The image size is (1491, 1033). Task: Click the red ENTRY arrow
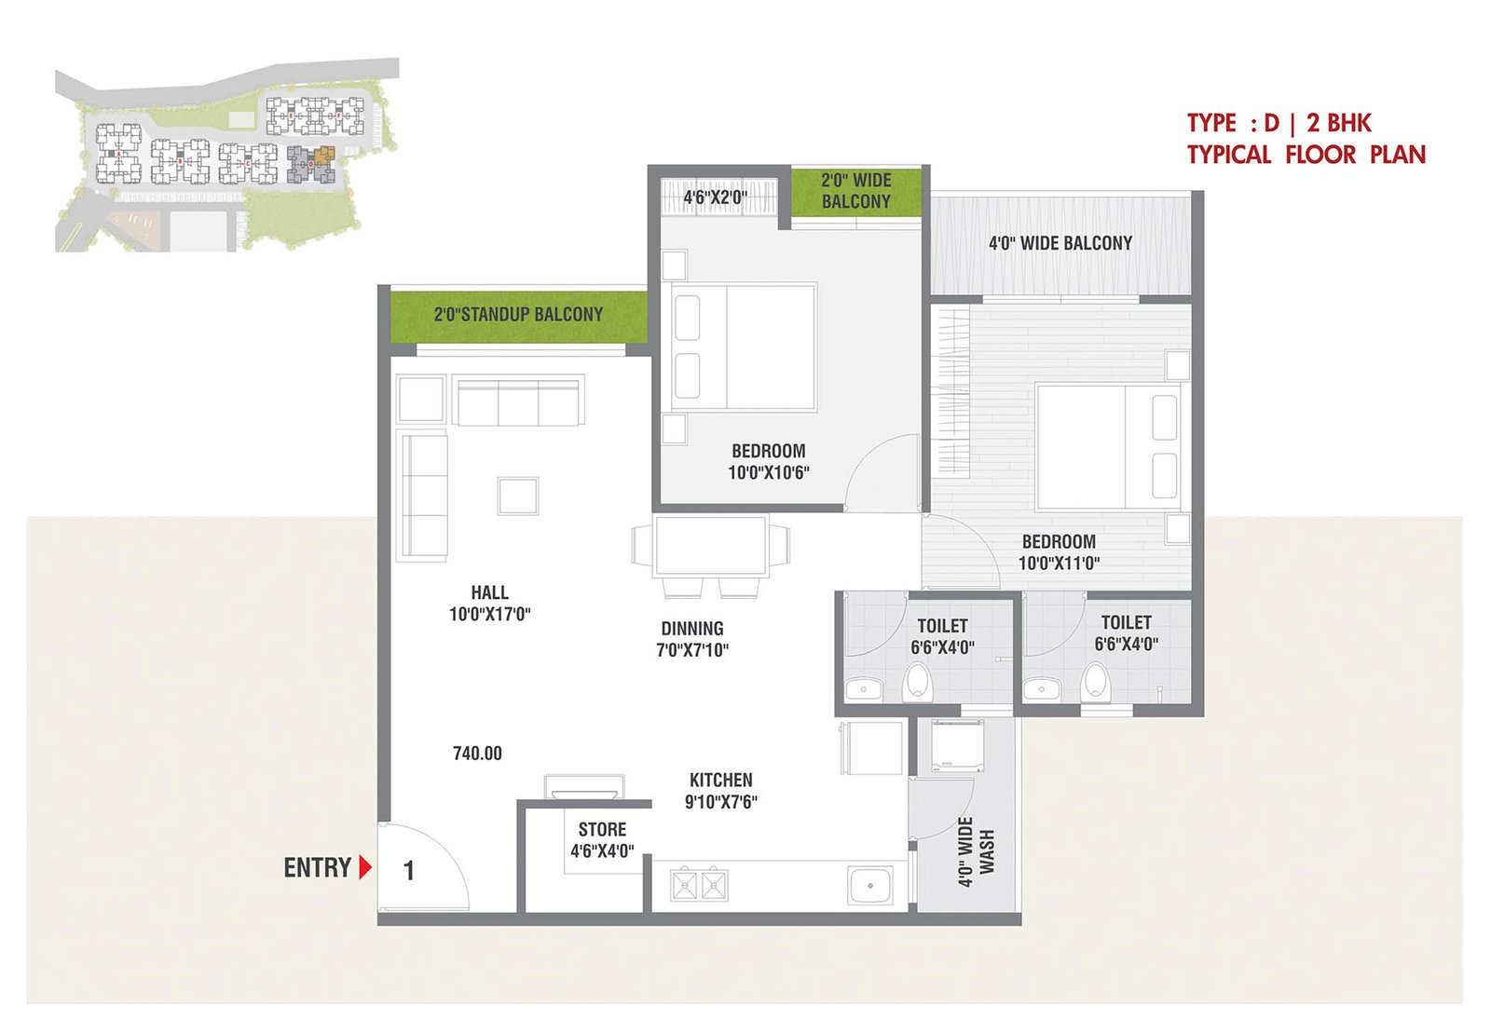pyautogui.click(x=364, y=867)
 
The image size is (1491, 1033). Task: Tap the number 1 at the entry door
pyautogui.click(x=409, y=871)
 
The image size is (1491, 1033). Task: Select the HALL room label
pyautogui.click(x=490, y=592)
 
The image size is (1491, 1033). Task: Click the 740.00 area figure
pyautogui.click(x=477, y=753)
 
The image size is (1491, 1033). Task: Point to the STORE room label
pyautogui.click(x=602, y=829)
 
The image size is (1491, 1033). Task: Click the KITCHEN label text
pyautogui.click(x=721, y=780)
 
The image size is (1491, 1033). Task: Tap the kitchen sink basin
pyautogui.click(x=870, y=885)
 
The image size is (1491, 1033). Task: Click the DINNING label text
pyautogui.click(x=692, y=628)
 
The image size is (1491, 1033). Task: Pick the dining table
pyautogui.click(x=711, y=546)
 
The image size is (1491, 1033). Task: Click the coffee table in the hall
pyautogui.click(x=518, y=496)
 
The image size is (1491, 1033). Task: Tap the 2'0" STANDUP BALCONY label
pyautogui.click(x=518, y=314)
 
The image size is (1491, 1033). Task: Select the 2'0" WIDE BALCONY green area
pyautogui.click(x=856, y=192)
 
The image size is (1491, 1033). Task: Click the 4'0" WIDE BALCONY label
pyautogui.click(x=1060, y=243)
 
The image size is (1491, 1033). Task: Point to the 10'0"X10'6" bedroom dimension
pyautogui.click(x=769, y=473)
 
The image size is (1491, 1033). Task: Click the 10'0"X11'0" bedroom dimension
pyautogui.click(x=1059, y=564)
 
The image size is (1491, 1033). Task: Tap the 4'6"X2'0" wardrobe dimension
pyautogui.click(x=716, y=197)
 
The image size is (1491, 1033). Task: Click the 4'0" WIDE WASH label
pyautogui.click(x=976, y=852)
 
